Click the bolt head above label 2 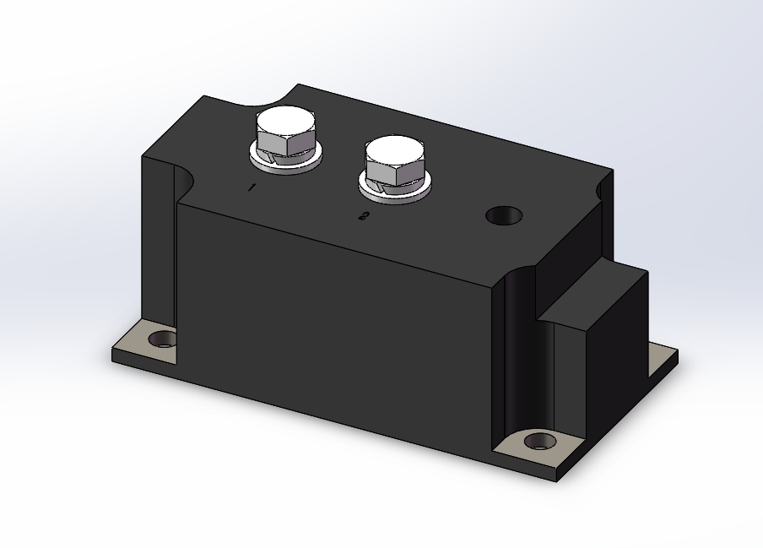(x=394, y=153)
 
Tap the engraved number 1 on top (x=251, y=187)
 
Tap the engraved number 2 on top (x=363, y=217)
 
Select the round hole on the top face (x=504, y=215)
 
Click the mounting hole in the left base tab (x=162, y=340)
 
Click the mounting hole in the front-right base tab (x=540, y=441)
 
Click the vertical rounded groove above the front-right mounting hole (x=517, y=355)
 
